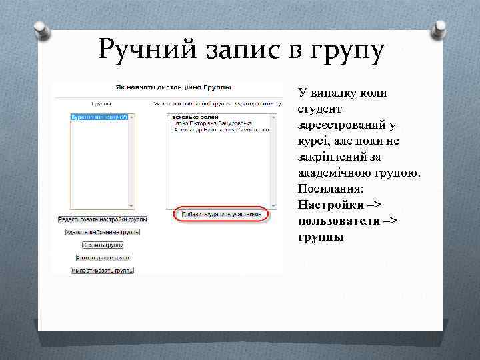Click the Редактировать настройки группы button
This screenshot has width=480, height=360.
tap(103, 219)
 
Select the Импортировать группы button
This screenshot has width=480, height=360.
tap(103, 271)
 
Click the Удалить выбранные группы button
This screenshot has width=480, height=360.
tap(103, 232)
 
